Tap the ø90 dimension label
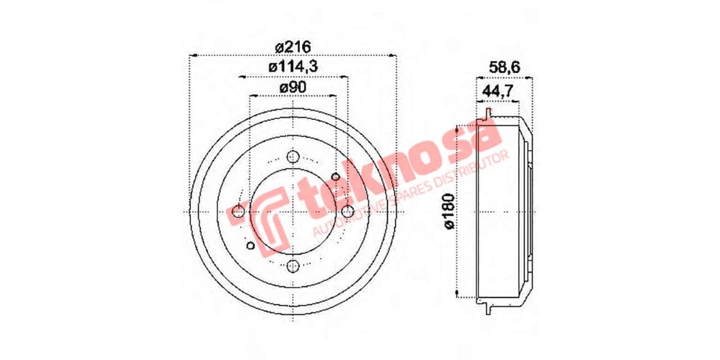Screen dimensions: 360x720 click(292, 87)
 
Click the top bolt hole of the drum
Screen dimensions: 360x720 click(293, 157)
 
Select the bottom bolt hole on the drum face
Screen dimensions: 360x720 click(293, 266)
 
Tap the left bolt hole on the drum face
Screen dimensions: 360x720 click(238, 212)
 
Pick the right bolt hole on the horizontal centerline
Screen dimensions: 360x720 click(347, 212)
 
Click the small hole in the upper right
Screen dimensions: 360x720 click(336, 176)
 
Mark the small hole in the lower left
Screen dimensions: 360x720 click(250, 245)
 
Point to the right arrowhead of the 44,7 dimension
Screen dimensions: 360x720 click(518, 101)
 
